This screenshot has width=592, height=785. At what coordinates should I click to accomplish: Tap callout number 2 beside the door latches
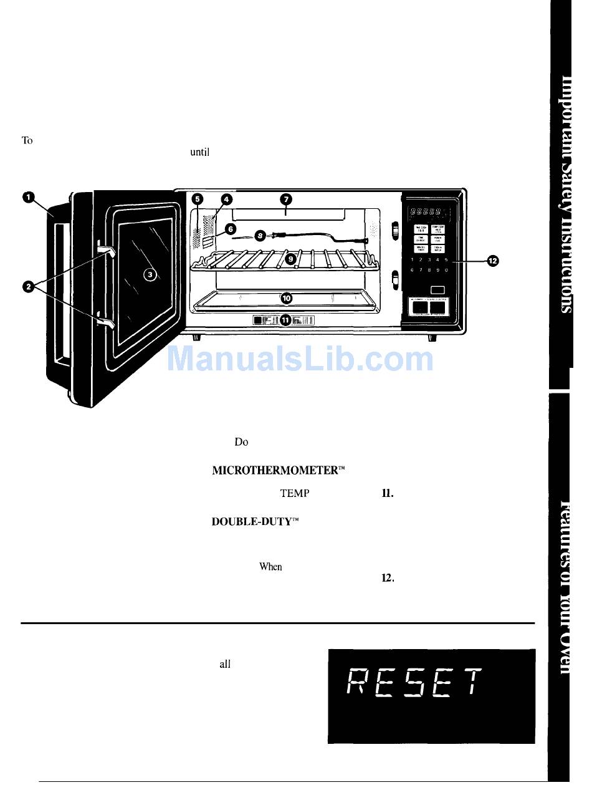[27, 286]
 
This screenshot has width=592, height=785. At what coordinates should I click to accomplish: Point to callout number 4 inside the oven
[227, 200]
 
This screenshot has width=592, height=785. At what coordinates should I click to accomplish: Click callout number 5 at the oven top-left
[197, 200]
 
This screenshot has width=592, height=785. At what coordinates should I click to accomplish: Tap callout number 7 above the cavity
[285, 200]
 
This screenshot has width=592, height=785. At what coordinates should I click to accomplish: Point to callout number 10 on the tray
[286, 298]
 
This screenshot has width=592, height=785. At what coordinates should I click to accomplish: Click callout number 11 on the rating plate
[285, 320]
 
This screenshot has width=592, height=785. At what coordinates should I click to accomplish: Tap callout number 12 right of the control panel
[492, 261]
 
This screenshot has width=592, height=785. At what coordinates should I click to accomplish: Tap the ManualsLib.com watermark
[301, 359]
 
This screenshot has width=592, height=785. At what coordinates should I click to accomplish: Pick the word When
[270, 567]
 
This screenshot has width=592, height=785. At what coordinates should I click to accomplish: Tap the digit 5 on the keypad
[447, 259]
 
